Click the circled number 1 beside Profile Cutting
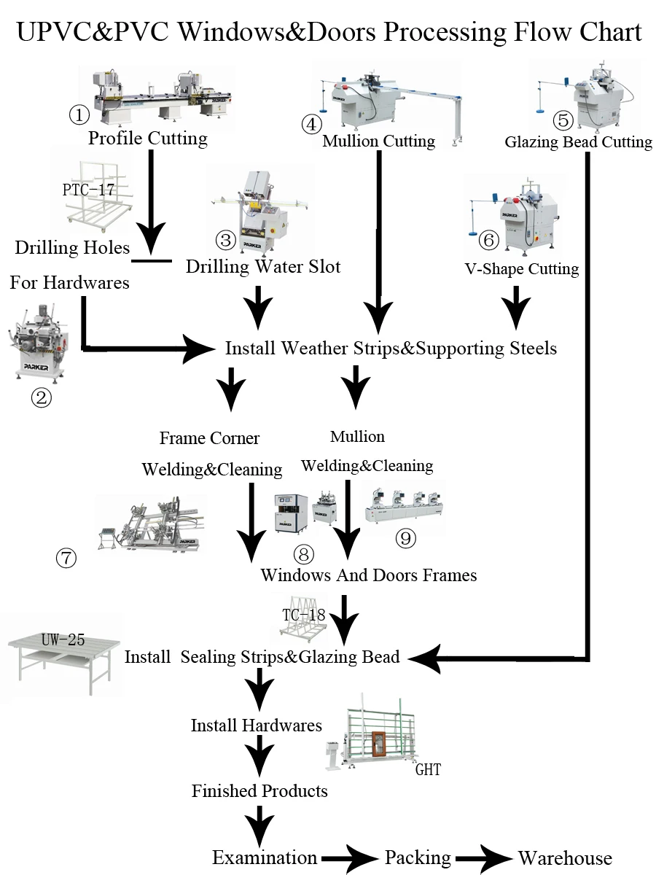point(79,114)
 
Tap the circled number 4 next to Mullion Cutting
point(311,123)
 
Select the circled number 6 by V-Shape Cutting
point(488,240)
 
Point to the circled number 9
point(405,539)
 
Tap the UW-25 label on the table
point(63,640)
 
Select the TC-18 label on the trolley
point(303,615)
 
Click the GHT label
point(428,770)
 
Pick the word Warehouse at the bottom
point(565,858)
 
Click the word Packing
point(418,858)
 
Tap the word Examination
point(265,858)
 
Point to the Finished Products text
point(259,791)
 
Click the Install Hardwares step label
point(257,726)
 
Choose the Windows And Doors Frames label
point(369,575)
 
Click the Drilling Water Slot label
point(263,267)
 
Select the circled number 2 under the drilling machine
point(41,397)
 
